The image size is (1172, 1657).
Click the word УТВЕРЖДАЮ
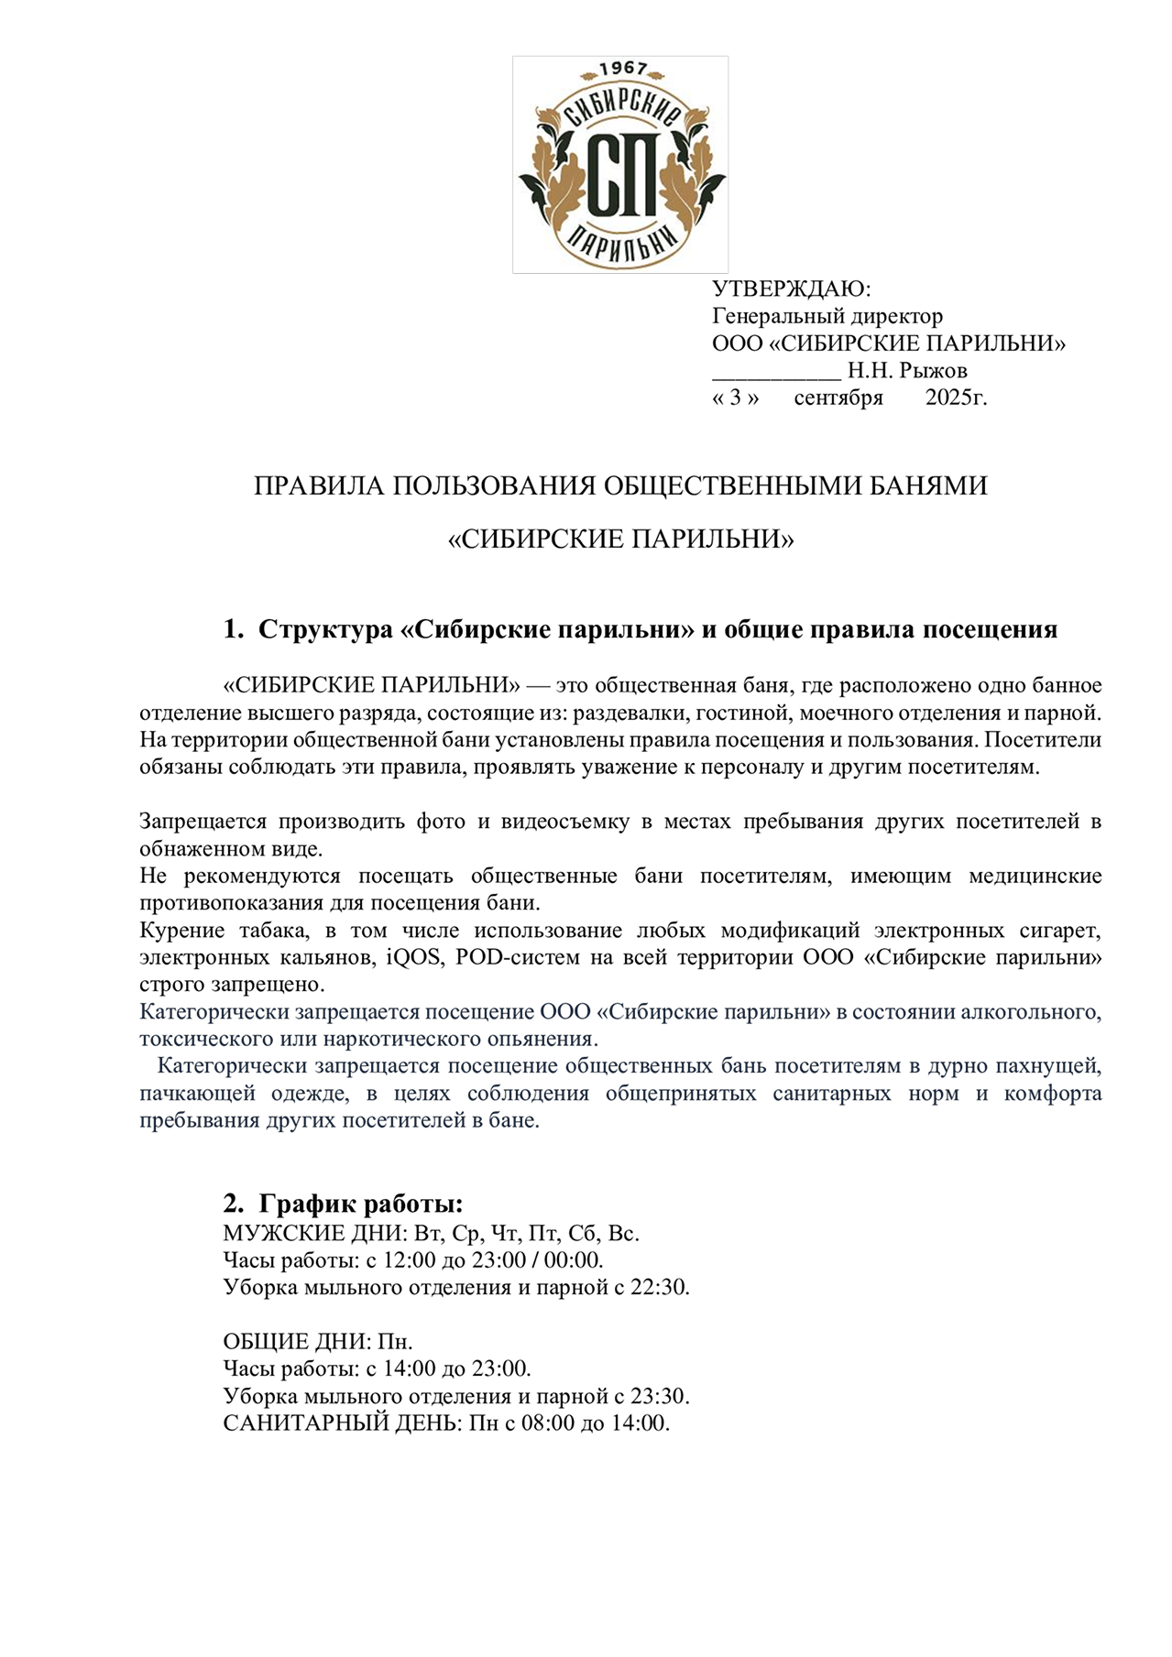pyautogui.click(x=791, y=289)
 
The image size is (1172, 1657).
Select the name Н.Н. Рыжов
pyautogui.click(x=907, y=371)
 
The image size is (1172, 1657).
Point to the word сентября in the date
pyautogui.click(x=838, y=398)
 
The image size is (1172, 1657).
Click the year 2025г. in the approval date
pyautogui.click(x=956, y=398)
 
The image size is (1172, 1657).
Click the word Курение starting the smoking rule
pyautogui.click(x=181, y=931)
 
